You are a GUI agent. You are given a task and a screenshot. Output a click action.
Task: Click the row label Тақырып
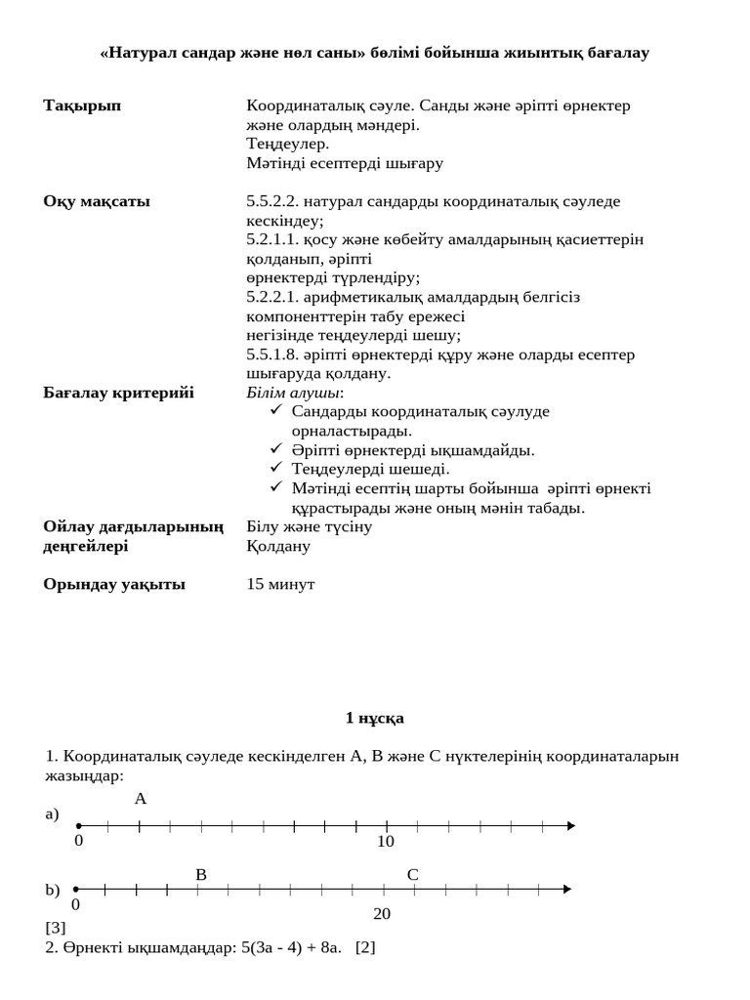coord(82,105)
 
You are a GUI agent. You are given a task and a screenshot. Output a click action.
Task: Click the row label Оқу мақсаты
coord(97,201)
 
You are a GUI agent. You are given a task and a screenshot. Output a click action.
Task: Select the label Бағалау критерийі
coord(118,393)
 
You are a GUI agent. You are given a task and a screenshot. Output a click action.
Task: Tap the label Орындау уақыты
coord(114,584)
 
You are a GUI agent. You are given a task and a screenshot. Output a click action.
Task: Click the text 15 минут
coord(280,584)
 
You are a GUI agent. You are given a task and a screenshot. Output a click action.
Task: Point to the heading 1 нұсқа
coord(374,718)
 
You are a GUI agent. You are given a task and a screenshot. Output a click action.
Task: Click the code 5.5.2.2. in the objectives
coord(272,201)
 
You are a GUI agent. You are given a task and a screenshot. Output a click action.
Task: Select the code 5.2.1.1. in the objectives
coord(272,239)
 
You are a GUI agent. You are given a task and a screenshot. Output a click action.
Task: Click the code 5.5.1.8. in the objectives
coord(272,354)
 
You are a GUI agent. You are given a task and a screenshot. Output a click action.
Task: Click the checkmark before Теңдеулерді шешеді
coord(276,469)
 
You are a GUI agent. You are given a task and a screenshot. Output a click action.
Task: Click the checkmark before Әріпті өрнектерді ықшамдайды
coord(276,450)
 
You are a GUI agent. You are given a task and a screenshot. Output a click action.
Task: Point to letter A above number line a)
coord(141,799)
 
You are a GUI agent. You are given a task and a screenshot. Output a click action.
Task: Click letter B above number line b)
coord(200,875)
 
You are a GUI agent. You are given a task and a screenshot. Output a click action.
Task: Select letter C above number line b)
coord(412,875)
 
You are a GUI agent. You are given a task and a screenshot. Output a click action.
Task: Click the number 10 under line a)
coord(386,842)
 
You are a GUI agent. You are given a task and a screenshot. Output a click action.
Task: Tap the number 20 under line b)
coord(382,914)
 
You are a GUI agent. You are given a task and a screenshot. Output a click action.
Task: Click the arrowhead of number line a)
coord(570,826)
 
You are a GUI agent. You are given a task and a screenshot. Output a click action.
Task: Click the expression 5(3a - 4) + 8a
coord(292,947)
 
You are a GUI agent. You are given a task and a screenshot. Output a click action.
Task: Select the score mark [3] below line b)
coord(56,928)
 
